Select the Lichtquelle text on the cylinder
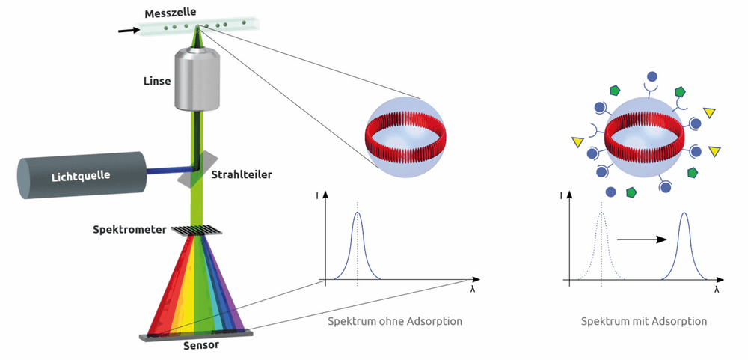click(x=81, y=176)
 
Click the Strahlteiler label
click(x=242, y=174)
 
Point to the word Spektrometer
click(x=129, y=230)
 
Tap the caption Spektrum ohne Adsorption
click(x=395, y=321)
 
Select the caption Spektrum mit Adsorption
click(x=644, y=321)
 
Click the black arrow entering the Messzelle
click(x=127, y=31)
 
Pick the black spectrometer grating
click(x=197, y=230)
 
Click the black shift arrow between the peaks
click(x=642, y=240)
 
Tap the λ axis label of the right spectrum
click(x=717, y=290)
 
